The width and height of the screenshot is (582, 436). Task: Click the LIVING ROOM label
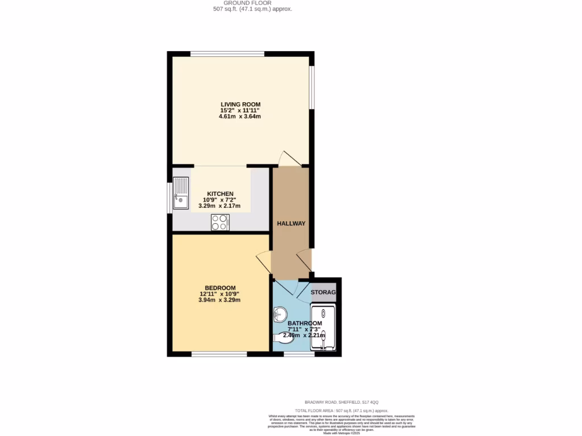pos(240,104)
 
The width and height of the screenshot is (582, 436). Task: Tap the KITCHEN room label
pos(220,194)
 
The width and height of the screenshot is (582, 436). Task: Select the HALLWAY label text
pos(291,224)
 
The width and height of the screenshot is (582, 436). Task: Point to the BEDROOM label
pos(220,288)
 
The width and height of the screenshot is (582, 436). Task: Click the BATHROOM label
pos(304,323)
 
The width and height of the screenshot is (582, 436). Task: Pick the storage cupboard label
pos(323,292)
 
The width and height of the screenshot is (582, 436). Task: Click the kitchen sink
pos(181,193)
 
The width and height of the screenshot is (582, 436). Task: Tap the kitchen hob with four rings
pos(220,223)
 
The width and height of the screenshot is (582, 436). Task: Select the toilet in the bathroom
pos(282,338)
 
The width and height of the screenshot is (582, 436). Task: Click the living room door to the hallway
pos(289,160)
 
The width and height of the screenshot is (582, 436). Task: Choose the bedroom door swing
pos(264,262)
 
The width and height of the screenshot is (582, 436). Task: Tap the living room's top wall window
pos(227,54)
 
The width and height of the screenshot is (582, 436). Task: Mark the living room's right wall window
pos(311,87)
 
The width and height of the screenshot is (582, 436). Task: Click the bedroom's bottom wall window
pos(219,354)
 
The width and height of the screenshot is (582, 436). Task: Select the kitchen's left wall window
pos(170,198)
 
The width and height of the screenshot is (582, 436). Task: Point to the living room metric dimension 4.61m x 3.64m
pos(240,116)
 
